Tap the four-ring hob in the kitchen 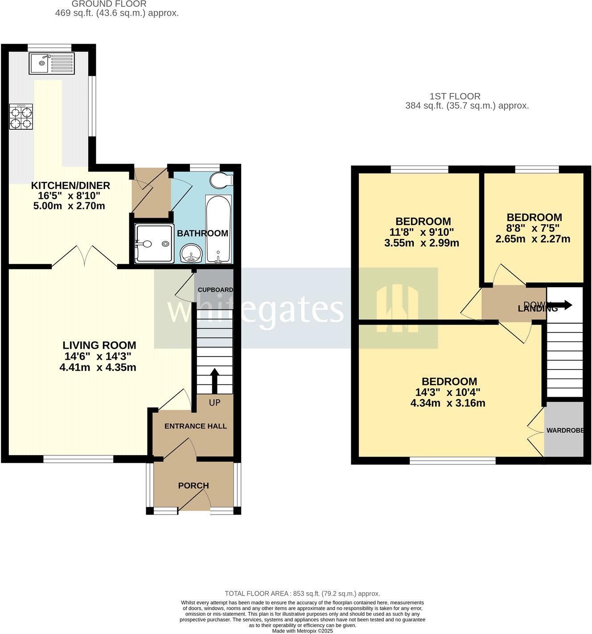pyautogui.click(x=21, y=117)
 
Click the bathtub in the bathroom pyautogui.click(x=218, y=229)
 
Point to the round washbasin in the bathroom pyautogui.click(x=192, y=254)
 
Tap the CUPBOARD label pyautogui.click(x=215, y=290)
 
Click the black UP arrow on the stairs pyautogui.click(x=214, y=379)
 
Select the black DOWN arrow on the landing pyautogui.click(x=563, y=305)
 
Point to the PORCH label pyautogui.click(x=193, y=486)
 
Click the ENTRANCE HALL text pyautogui.click(x=196, y=426)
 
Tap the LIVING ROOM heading pyautogui.click(x=99, y=345)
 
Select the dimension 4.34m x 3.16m pyautogui.click(x=448, y=403)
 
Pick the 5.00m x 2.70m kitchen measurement pyautogui.click(x=69, y=206)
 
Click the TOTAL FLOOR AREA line pyautogui.click(x=302, y=593)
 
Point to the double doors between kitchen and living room pyautogui.click(x=85, y=256)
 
